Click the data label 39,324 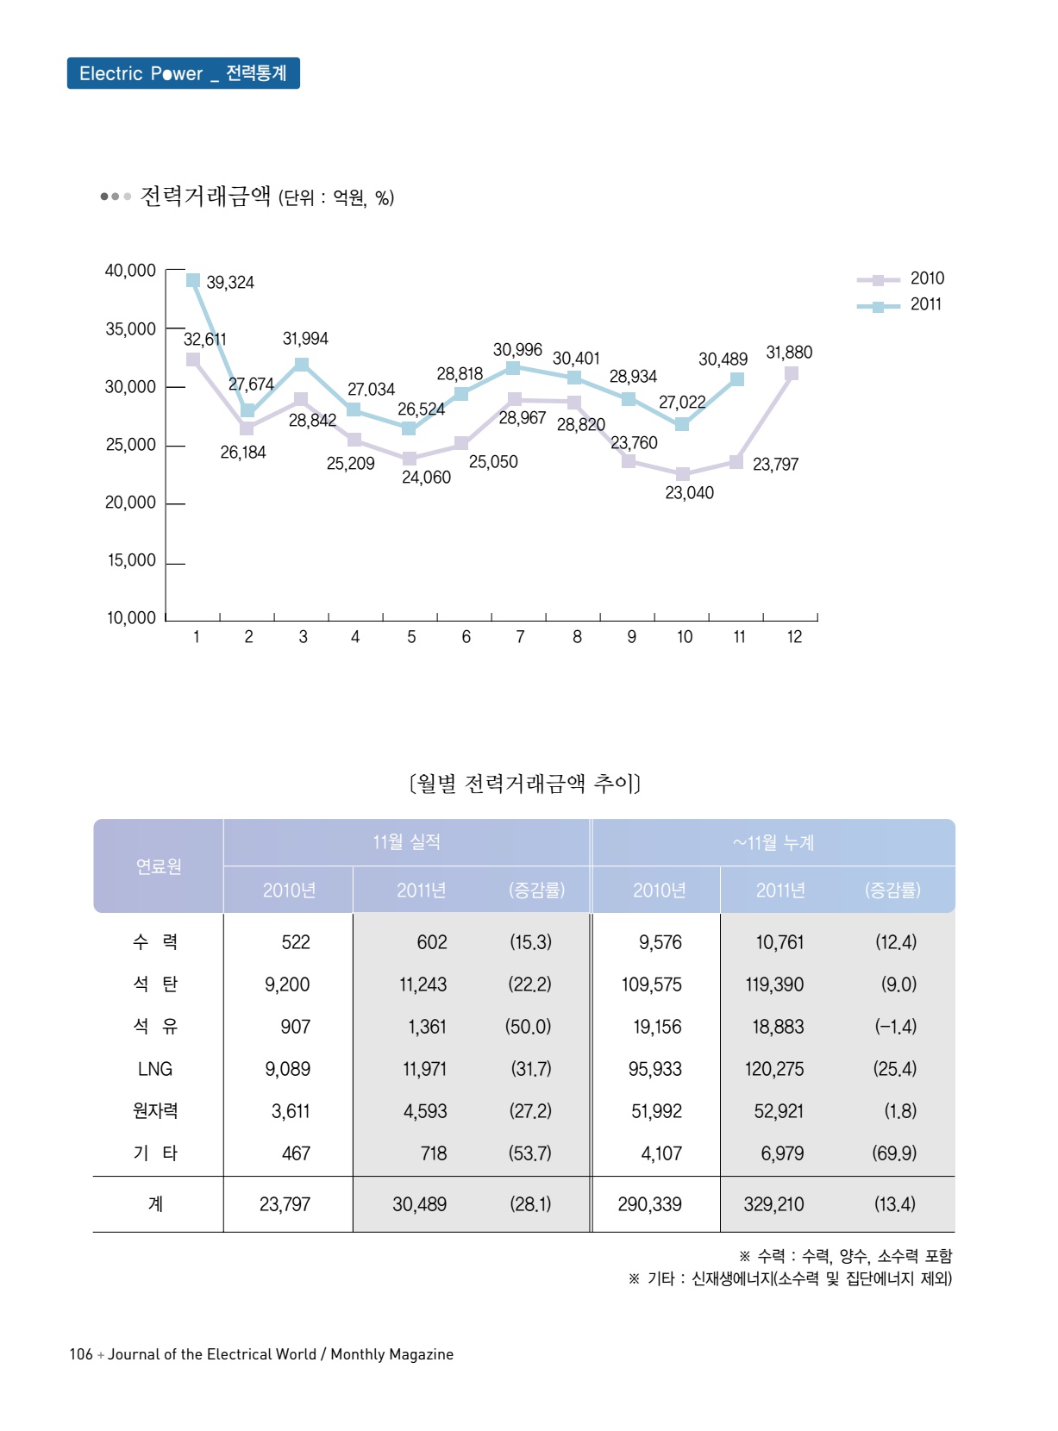tap(230, 283)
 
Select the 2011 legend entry tap(901, 304)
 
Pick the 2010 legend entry tap(901, 278)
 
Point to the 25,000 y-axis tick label tap(130, 445)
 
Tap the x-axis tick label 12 tap(794, 637)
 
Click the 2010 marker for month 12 tap(792, 373)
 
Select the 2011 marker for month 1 tap(193, 280)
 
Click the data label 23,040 tap(689, 493)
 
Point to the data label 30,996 tap(517, 350)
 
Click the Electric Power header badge tap(183, 73)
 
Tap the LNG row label tap(155, 1069)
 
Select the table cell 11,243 tap(423, 984)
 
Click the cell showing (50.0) tap(528, 1027)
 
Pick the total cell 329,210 tap(773, 1204)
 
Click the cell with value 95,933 tap(654, 1069)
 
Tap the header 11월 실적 tap(406, 842)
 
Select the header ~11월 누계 tap(773, 842)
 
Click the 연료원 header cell tap(159, 866)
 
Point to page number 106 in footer tap(81, 1354)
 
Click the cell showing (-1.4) tap(895, 1027)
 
